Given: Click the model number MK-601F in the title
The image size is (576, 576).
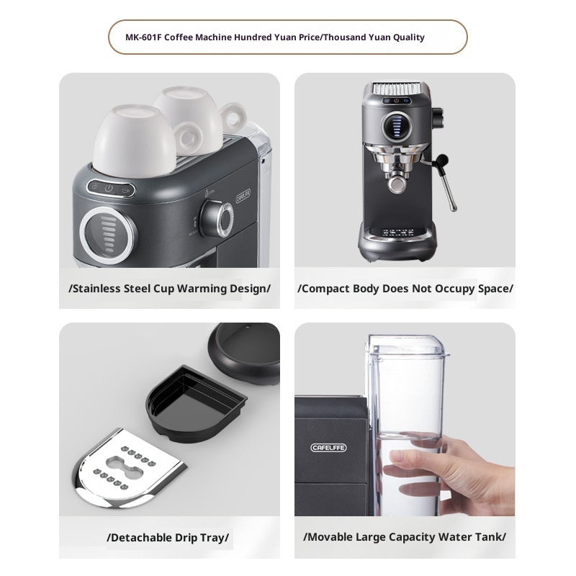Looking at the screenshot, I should [143, 37].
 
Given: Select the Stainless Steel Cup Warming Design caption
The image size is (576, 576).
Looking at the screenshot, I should [169, 289].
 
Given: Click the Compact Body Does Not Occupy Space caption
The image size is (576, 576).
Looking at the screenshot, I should [405, 289].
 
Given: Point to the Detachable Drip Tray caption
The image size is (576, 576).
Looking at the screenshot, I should [169, 537].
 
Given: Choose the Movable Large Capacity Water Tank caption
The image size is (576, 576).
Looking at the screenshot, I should [405, 537].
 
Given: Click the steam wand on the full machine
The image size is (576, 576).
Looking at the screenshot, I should [449, 180].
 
